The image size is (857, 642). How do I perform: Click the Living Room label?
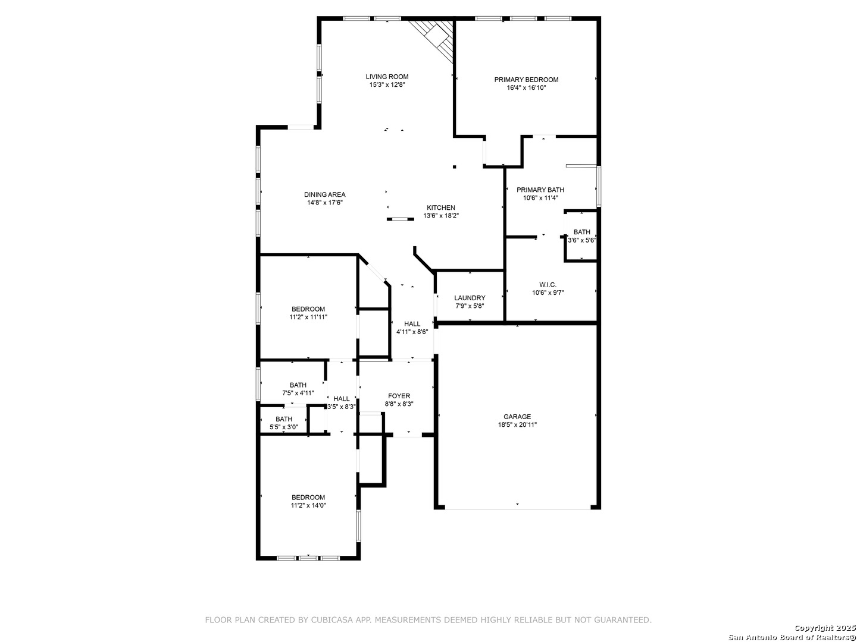point(387,77)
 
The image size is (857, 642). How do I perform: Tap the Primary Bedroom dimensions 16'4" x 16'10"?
point(526,88)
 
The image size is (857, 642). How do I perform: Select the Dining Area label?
point(325,194)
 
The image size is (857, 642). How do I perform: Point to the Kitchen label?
point(441,208)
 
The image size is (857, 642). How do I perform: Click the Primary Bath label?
point(540,190)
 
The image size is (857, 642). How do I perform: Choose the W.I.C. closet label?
point(548,285)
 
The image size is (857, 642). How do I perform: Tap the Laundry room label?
point(470,298)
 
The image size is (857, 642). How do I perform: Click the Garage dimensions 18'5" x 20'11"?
point(517,425)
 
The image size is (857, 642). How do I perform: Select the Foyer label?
point(399,396)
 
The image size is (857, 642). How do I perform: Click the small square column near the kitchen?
point(455,167)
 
